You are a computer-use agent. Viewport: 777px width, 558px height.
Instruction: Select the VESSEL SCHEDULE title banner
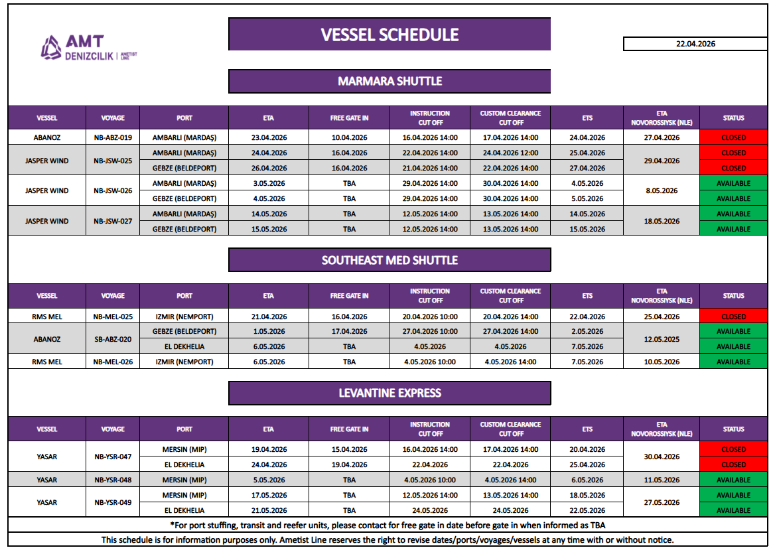389,35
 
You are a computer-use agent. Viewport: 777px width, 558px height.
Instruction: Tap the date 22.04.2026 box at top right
695,44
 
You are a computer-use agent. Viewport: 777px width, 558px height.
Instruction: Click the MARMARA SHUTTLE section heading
389,81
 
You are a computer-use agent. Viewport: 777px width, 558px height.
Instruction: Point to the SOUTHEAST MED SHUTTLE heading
389,260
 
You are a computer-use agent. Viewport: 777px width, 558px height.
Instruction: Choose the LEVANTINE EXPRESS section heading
389,393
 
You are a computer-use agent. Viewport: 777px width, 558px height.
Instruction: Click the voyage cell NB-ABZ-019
113,138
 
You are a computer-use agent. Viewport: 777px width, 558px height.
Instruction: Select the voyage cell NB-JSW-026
113,191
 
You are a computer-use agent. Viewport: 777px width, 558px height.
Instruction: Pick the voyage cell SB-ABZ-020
113,339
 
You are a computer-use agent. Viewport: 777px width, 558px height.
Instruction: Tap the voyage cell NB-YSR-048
113,480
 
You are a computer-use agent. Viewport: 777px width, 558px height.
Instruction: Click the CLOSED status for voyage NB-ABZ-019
733,138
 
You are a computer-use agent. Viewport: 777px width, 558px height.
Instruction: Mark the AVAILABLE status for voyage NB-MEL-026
733,362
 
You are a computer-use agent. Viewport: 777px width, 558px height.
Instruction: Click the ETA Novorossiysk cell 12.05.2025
661,339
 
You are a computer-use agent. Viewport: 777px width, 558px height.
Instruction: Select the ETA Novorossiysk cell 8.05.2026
661,191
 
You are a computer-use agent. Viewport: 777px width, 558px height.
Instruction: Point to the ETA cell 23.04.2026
269,138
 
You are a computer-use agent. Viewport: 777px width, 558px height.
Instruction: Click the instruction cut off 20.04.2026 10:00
430,316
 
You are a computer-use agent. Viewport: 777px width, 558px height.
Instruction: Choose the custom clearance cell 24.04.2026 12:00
510,153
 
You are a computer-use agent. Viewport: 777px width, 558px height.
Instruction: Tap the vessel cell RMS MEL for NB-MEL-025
46,316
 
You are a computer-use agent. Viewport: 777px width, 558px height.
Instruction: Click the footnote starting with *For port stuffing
388,525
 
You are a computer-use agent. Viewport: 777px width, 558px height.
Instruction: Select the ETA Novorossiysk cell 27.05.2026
661,503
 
